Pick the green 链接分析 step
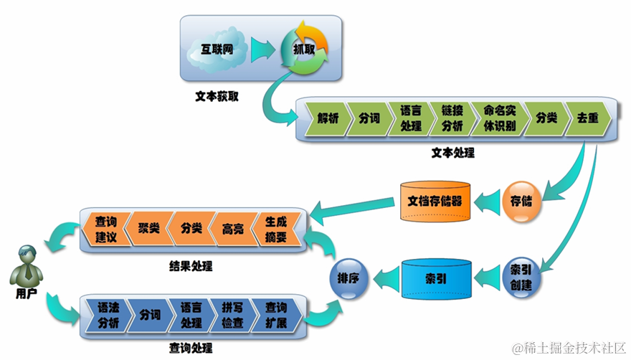(x=452, y=119)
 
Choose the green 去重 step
(x=587, y=119)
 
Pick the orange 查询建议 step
(x=105, y=229)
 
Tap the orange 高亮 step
(x=233, y=229)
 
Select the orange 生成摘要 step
(x=276, y=229)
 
